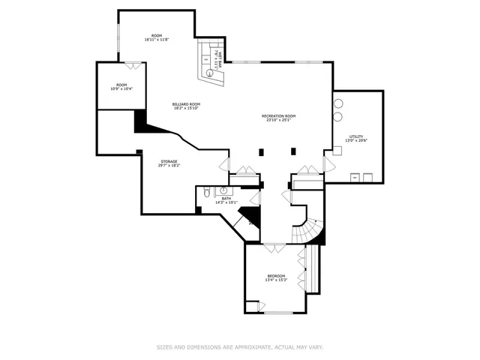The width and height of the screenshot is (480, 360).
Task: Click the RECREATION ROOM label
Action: click(278, 115)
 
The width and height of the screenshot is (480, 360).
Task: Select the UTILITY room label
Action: click(356, 136)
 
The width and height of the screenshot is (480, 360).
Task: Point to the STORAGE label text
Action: click(168, 160)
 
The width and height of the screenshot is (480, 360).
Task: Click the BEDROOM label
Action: click(276, 276)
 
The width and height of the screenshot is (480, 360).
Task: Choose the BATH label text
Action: click(226, 198)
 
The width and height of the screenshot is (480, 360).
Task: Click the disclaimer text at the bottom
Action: click(239, 347)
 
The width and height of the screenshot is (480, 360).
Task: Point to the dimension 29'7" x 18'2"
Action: click(168, 165)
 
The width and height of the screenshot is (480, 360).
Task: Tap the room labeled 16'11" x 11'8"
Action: click(156, 37)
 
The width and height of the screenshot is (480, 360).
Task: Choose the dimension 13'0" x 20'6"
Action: click(356, 141)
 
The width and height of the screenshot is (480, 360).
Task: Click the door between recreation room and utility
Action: click(328, 163)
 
